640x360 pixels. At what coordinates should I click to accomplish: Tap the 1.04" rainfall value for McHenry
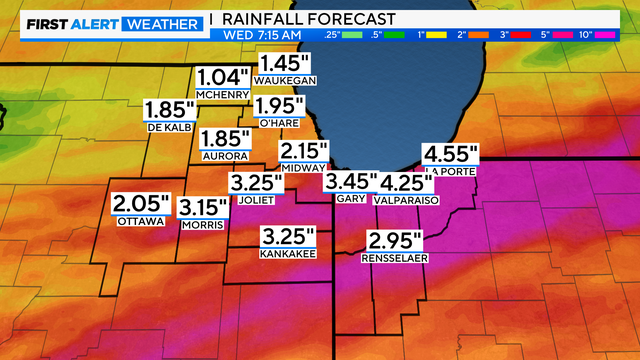[224, 77]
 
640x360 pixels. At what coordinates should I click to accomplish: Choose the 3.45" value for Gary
[350, 182]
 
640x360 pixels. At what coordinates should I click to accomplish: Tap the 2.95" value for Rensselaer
[396, 241]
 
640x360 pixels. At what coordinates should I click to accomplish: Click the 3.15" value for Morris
[205, 208]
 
